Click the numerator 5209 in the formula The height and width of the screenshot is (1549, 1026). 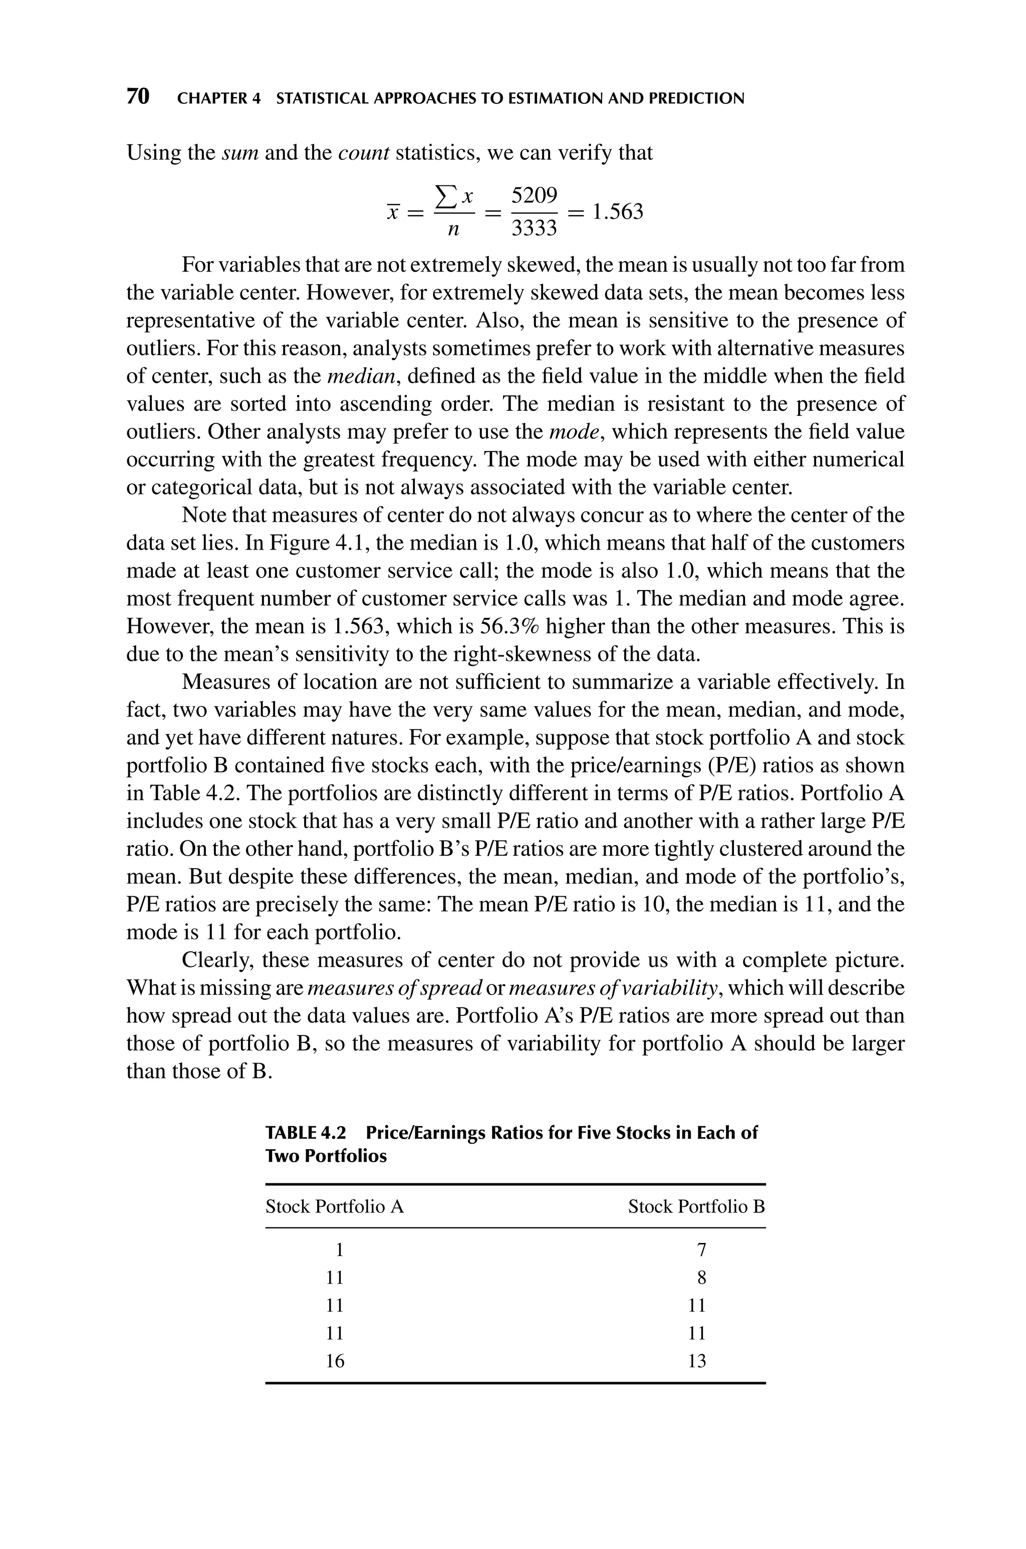534,195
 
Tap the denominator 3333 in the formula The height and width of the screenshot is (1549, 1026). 534,228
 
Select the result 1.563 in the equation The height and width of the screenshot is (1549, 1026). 617,211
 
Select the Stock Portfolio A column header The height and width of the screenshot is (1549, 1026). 334,1206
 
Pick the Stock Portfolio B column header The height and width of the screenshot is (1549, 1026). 696,1206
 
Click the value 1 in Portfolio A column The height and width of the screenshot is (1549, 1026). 339,1250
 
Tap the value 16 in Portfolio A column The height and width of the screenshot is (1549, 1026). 335,1361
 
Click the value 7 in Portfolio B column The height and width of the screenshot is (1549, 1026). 701,1250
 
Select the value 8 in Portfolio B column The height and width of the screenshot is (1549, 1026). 701,1277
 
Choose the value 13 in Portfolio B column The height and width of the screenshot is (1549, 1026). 697,1361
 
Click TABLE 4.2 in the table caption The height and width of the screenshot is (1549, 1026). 306,1133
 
